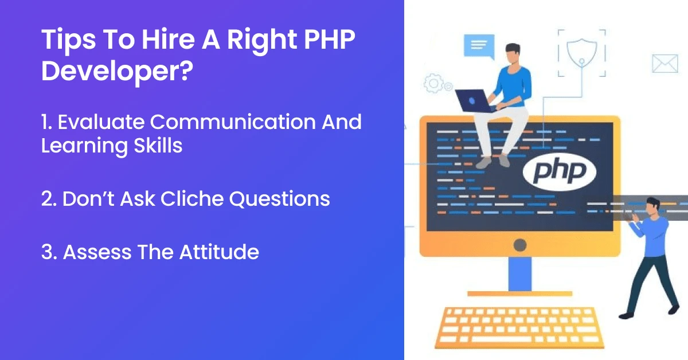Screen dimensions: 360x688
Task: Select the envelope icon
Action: click(x=665, y=64)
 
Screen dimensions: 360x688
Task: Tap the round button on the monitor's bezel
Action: click(x=519, y=245)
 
